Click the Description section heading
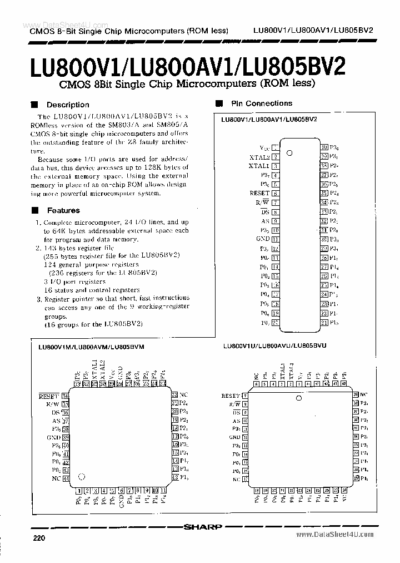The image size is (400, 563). tap(67, 105)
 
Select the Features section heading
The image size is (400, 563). tap(63, 210)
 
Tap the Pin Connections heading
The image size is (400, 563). tap(262, 103)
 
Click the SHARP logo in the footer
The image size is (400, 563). tap(205, 526)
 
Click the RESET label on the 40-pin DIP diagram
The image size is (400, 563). tap(259, 193)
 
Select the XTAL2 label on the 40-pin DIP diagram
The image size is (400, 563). tap(259, 157)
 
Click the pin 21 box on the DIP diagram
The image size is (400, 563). tap(323, 322)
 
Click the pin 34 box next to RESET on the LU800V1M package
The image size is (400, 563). tap(65, 396)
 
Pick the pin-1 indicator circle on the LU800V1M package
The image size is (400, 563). tap(82, 476)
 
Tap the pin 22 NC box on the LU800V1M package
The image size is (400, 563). tap(174, 394)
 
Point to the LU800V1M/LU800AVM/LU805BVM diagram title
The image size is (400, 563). tap(91, 346)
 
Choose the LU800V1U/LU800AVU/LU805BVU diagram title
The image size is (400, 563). tap(274, 345)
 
